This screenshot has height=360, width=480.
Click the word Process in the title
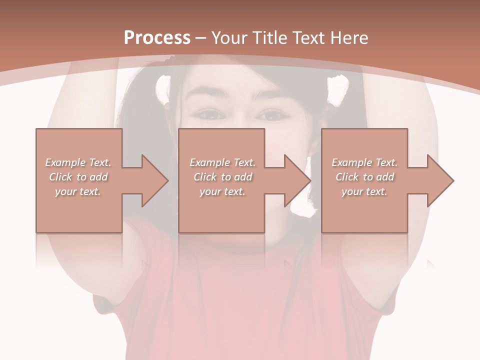tap(157, 37)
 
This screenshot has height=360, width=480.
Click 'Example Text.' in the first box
tap(78, 162)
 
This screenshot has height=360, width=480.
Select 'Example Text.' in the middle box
tap(222, 162)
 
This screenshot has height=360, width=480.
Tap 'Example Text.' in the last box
tap(364, 162)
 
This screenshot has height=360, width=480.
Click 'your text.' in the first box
tap(78, 191)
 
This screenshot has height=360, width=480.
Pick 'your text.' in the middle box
tap(222, 191)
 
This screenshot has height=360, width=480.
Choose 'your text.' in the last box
tap(364, 191)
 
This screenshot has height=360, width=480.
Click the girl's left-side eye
tap(209, 115)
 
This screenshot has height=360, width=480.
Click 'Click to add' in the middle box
tap(222, 177)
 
